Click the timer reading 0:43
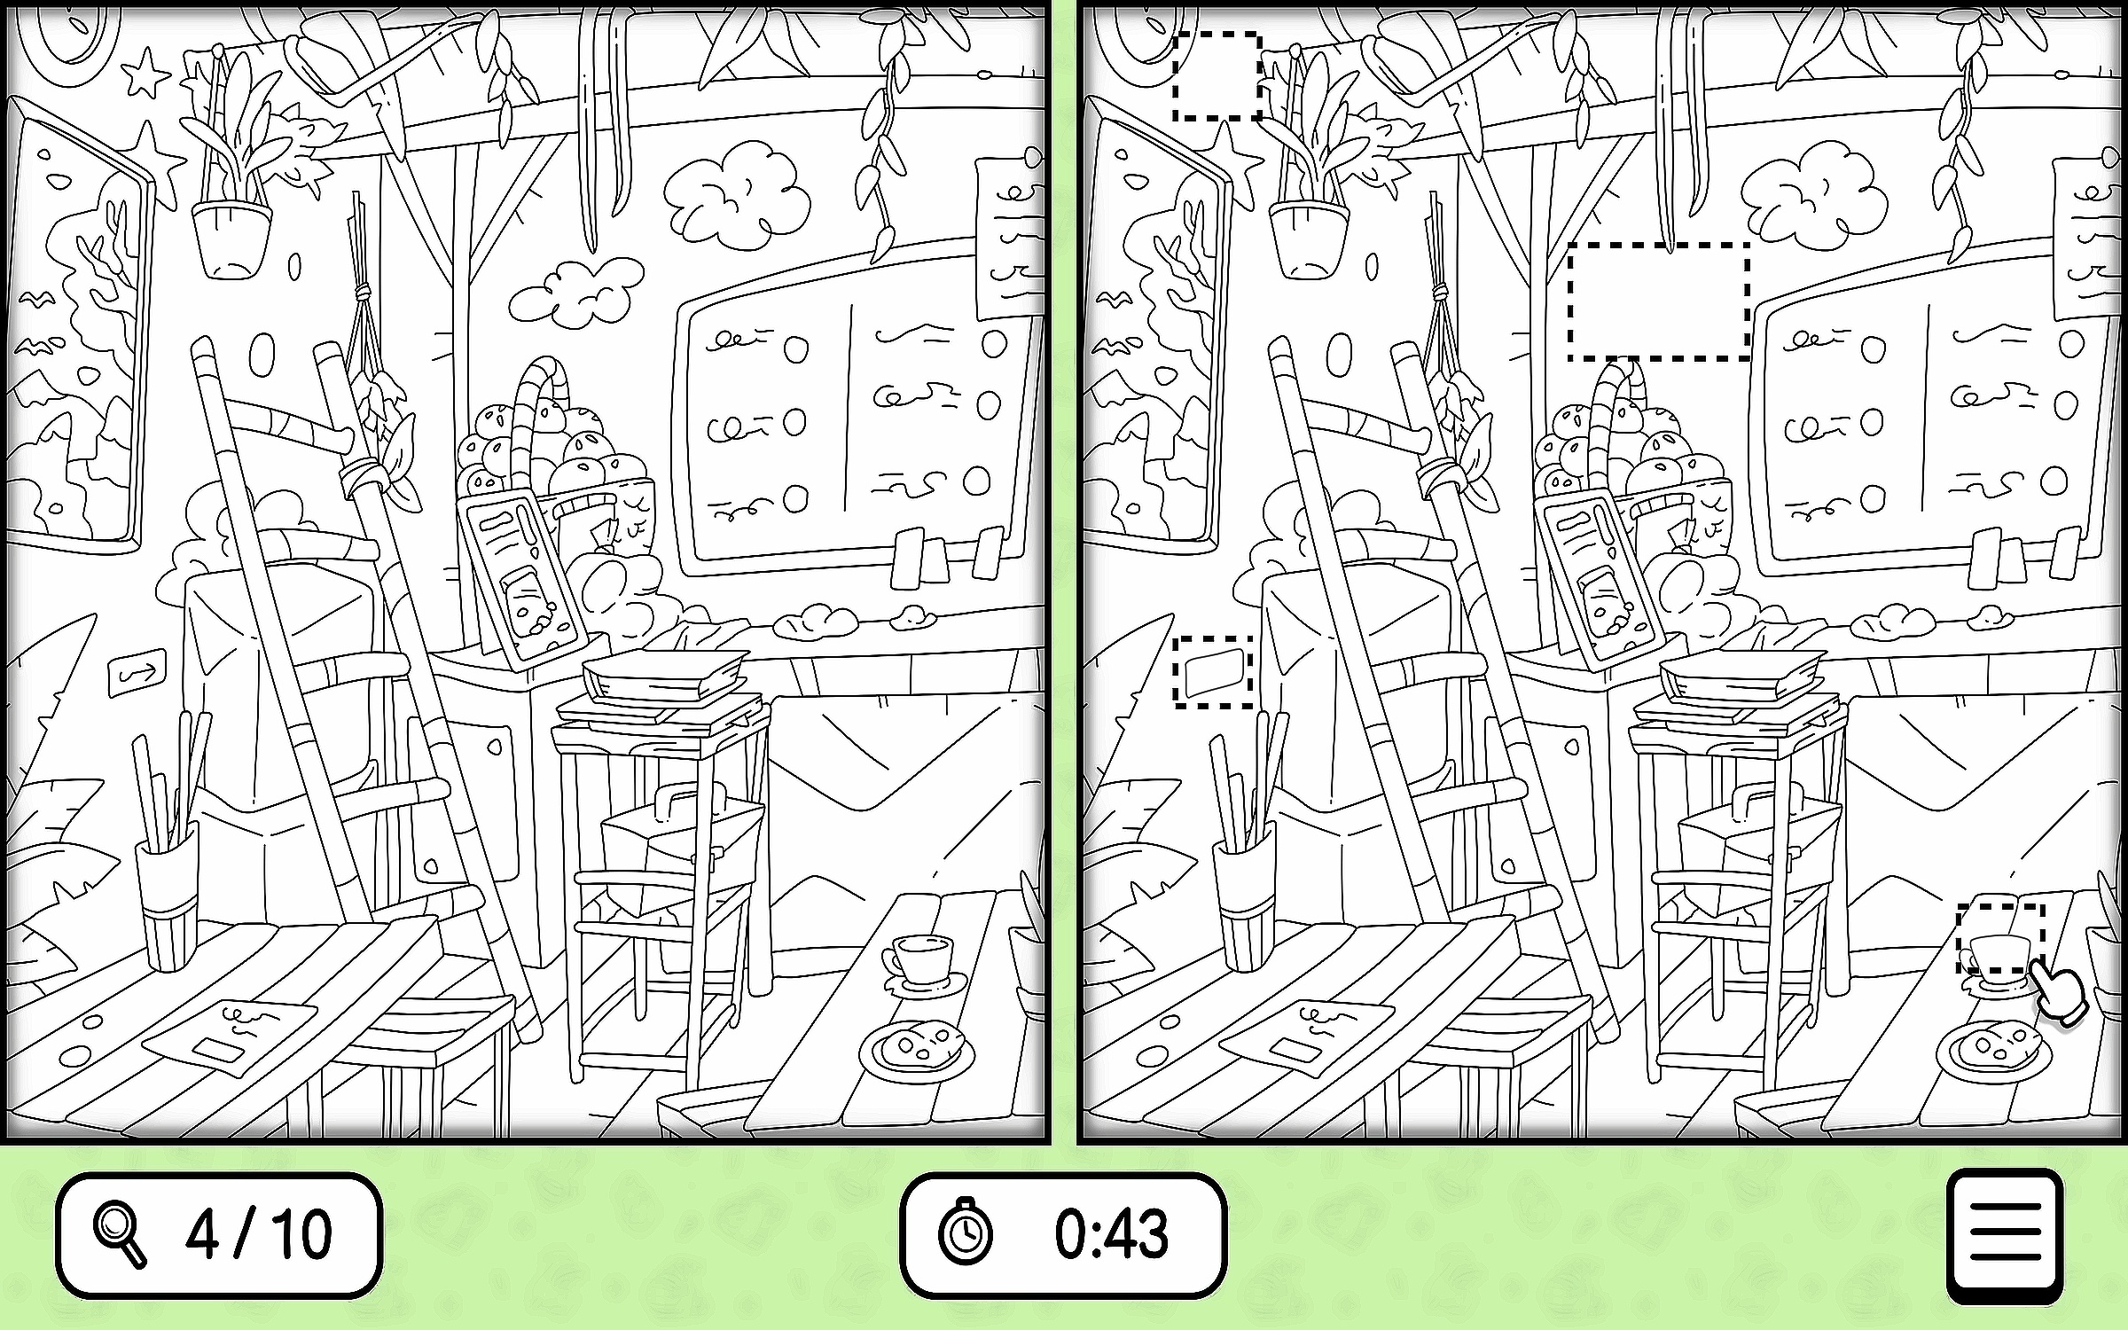pos(1111,1233)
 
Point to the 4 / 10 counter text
pos(259,1233)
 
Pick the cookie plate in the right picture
pos(1993,1050)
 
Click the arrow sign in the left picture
pos(137,677)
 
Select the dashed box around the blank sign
pos(1213,671)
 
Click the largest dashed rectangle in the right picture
pos(1658,301)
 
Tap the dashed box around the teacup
pos(2001,937)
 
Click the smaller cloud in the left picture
pos(575,290)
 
